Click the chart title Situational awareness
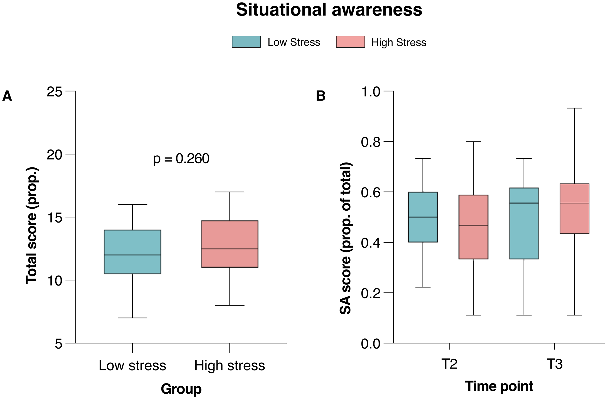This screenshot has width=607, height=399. (329, 10)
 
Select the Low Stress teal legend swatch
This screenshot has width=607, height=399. (246, 42)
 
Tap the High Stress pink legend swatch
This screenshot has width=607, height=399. (350, 42)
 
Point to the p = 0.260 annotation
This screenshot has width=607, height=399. (181, 159)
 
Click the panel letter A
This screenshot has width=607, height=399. (7, 96)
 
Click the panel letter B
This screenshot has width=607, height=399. (321, 96)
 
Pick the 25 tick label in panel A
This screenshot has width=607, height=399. (55, 92)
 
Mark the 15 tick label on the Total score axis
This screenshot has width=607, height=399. (55, 217)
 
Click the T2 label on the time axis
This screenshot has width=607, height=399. (449, 364)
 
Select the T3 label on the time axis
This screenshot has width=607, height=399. (554, 364)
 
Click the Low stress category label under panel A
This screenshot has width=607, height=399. (132, 365)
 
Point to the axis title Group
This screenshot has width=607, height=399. (181, 389)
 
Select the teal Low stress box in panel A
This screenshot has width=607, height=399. (132, 252)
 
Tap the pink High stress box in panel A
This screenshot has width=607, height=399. (230, 244)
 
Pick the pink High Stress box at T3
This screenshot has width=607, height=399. (574, 209)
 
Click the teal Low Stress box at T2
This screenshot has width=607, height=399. (423, 217)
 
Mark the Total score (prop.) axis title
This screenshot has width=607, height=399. (31, 226)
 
